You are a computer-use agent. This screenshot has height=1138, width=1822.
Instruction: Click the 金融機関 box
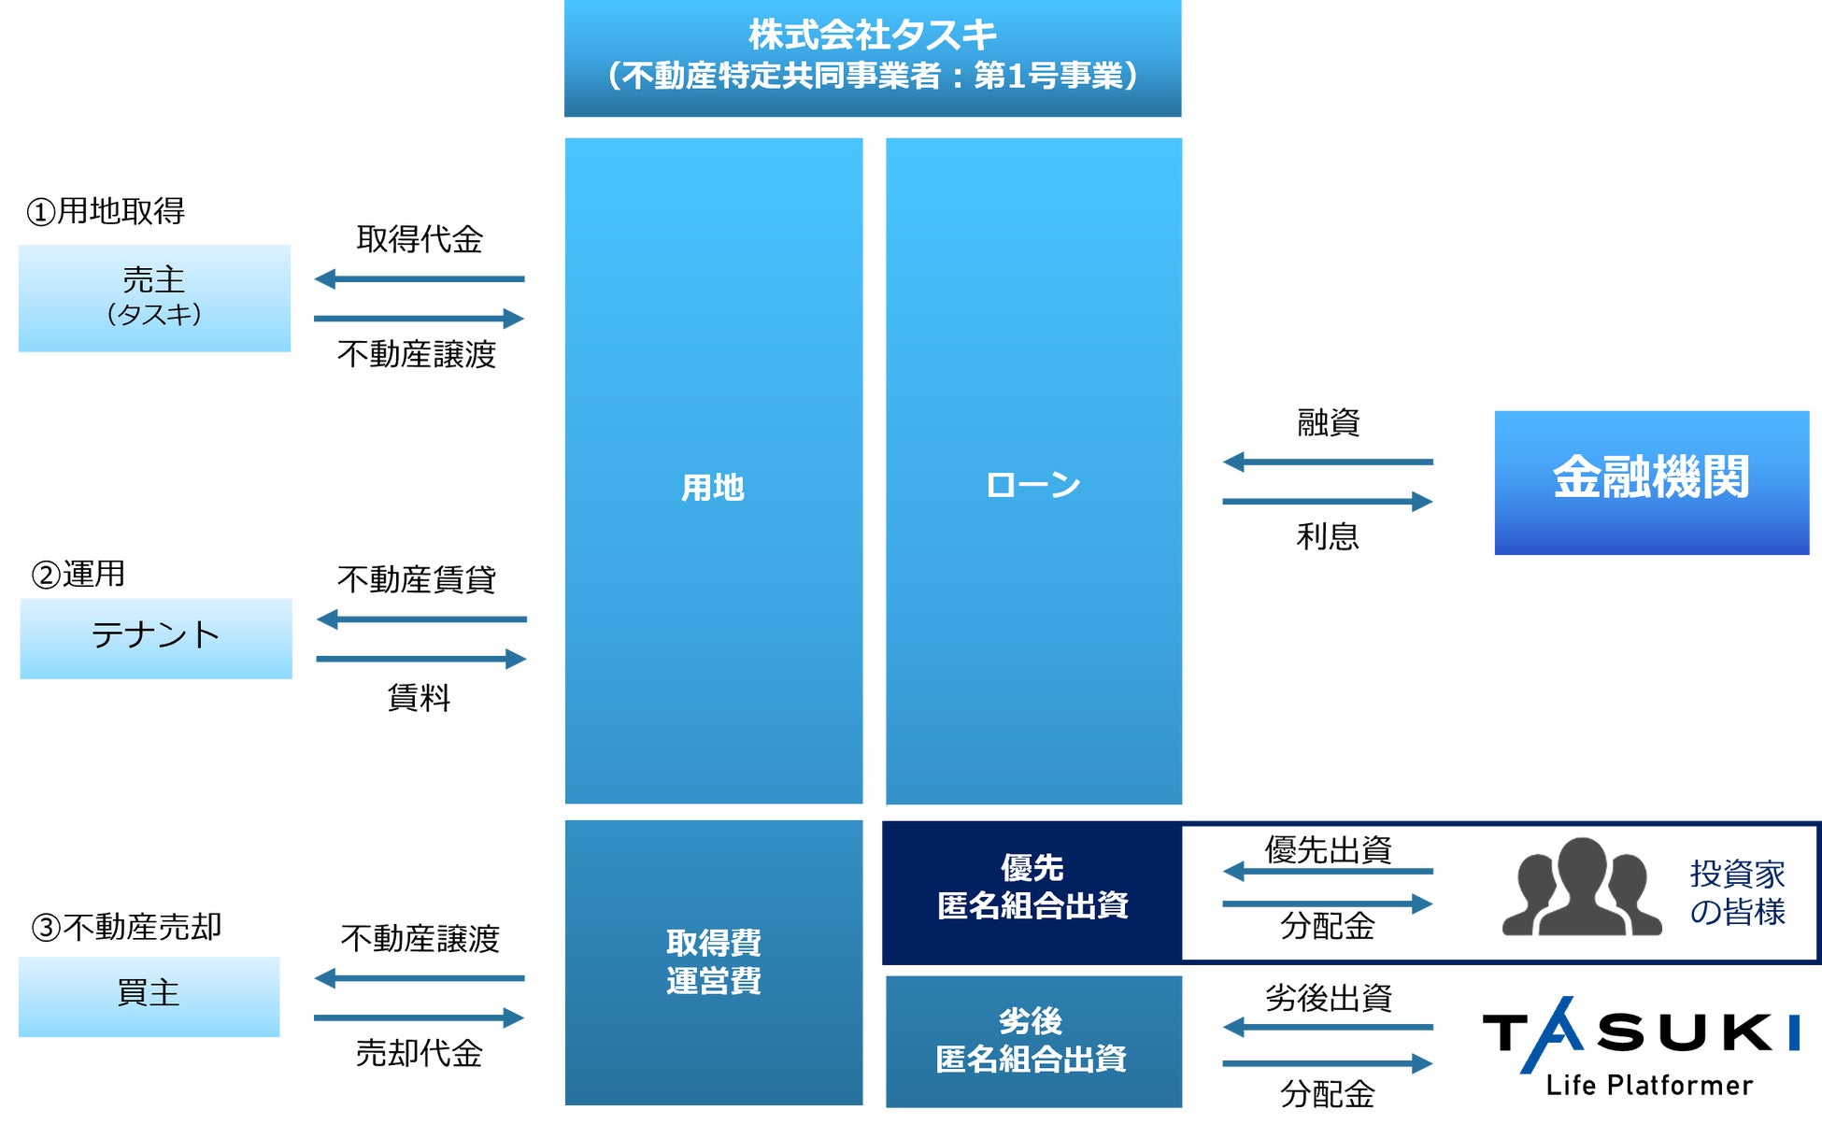click(1651, 482)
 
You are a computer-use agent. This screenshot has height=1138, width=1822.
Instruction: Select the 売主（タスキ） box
click(154, 298)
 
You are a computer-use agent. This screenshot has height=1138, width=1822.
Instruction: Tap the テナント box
click(156, 638)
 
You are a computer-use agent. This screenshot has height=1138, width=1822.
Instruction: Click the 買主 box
click(149, 996)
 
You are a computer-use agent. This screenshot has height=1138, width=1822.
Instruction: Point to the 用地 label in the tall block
click(713, 488)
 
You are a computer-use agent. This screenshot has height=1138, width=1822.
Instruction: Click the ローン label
click(1033, 485)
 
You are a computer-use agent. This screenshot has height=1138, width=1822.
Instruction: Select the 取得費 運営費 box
click(713, 962)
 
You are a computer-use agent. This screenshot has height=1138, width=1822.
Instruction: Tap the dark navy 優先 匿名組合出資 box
click(1032, 892)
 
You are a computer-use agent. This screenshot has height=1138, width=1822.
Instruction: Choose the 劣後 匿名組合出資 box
click(1032, 1041)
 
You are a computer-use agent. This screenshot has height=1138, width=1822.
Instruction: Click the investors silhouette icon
click(1581, 888)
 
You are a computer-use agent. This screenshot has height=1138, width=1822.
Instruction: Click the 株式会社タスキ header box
click(872, 58)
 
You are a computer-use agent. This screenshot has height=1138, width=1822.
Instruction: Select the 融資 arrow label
click(1328, 423)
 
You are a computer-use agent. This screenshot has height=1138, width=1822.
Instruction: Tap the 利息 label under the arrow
click(1328, 536)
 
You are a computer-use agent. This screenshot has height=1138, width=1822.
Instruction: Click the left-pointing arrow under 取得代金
click(420, 278)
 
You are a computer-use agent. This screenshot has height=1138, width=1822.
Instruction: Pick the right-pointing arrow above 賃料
click(421, 659)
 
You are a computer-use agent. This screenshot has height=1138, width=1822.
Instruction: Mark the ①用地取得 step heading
click(106, 211)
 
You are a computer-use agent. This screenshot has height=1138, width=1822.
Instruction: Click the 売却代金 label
click(420, 1053)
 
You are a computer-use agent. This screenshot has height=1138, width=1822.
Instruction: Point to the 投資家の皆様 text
click(1737, 892)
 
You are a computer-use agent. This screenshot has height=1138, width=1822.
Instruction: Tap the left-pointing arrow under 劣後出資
click(1328, 1027)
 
